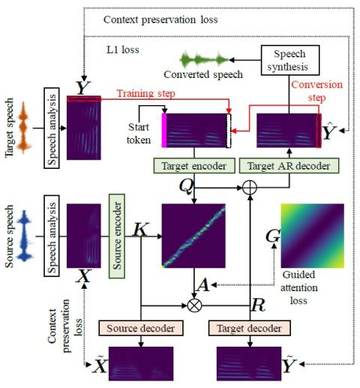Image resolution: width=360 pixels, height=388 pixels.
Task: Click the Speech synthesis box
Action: point(290,60)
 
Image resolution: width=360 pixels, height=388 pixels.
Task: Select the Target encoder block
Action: point(194,166)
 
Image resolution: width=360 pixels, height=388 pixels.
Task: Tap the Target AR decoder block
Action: point(289,166)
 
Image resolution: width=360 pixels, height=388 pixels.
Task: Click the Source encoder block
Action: point(117,236)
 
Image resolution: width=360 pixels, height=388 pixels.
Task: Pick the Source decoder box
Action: point(141,328)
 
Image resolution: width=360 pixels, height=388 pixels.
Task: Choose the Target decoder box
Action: point(250,328)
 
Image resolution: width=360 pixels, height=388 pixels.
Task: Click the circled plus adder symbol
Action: point(250,188)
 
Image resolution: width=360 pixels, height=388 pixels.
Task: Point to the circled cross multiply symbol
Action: point(194,305)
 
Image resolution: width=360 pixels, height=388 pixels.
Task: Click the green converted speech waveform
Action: point(204,60)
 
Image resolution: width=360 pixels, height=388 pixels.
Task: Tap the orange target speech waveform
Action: point(24,128)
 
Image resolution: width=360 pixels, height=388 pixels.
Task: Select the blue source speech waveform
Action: point(24,236)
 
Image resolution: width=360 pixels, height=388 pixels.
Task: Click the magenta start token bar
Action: point(164,131)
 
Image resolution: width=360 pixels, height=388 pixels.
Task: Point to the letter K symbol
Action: point(141,229)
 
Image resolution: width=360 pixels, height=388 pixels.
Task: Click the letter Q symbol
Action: point(186,186)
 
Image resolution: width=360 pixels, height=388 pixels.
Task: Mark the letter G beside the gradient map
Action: point(273,236)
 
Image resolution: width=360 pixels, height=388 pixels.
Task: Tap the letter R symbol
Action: point(258,305)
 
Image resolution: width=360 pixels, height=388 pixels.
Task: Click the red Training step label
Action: point(146,94)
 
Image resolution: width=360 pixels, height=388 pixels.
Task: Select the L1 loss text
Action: point(123,50)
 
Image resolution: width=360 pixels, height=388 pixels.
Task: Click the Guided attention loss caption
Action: point(299,287)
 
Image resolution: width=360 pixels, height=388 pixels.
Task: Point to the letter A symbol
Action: point(202,285)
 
